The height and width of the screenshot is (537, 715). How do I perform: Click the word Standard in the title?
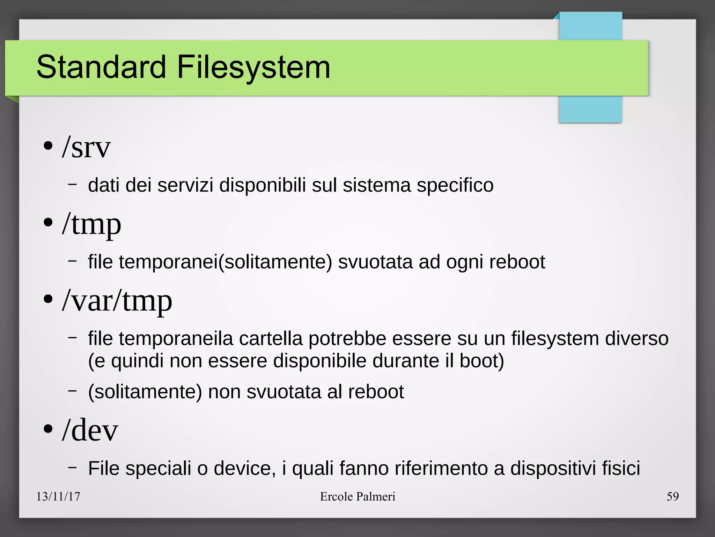click(x=101, y=67)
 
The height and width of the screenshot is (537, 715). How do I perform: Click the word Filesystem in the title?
click(x=253, y=67)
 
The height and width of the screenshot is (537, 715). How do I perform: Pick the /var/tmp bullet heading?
click(x=117, y=301)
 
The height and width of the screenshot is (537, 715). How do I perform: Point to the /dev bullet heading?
click(x=90, y=430)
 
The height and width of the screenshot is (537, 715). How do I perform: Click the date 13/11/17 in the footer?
click(x=58, y=496)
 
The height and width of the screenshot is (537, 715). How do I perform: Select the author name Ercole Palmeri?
click(x=357, y=496)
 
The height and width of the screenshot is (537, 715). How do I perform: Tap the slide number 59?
click(x=672, y=496)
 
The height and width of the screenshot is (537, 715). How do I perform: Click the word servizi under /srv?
click(x=185, y=185)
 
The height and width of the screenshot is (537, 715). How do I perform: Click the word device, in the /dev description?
click(x=245, y=468)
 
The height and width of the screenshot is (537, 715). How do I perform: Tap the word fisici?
click(x=621, y=468)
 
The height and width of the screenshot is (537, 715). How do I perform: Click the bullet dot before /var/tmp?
click(x=48, y=299)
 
